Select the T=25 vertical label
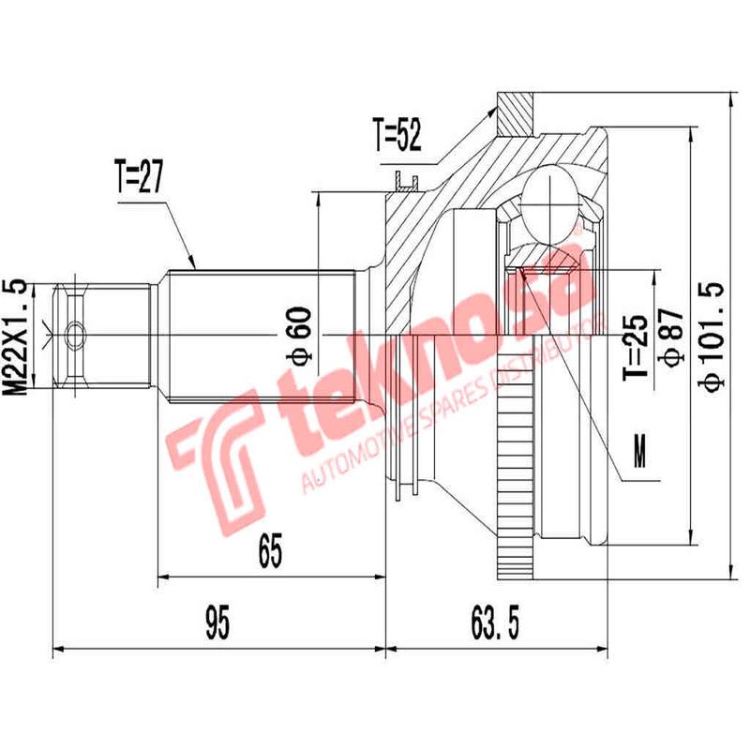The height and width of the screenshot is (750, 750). (x=637, y=347)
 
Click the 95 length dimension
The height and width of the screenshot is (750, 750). (x=218, y=622)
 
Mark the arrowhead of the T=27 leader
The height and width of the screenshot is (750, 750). (x=193, y=264)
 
